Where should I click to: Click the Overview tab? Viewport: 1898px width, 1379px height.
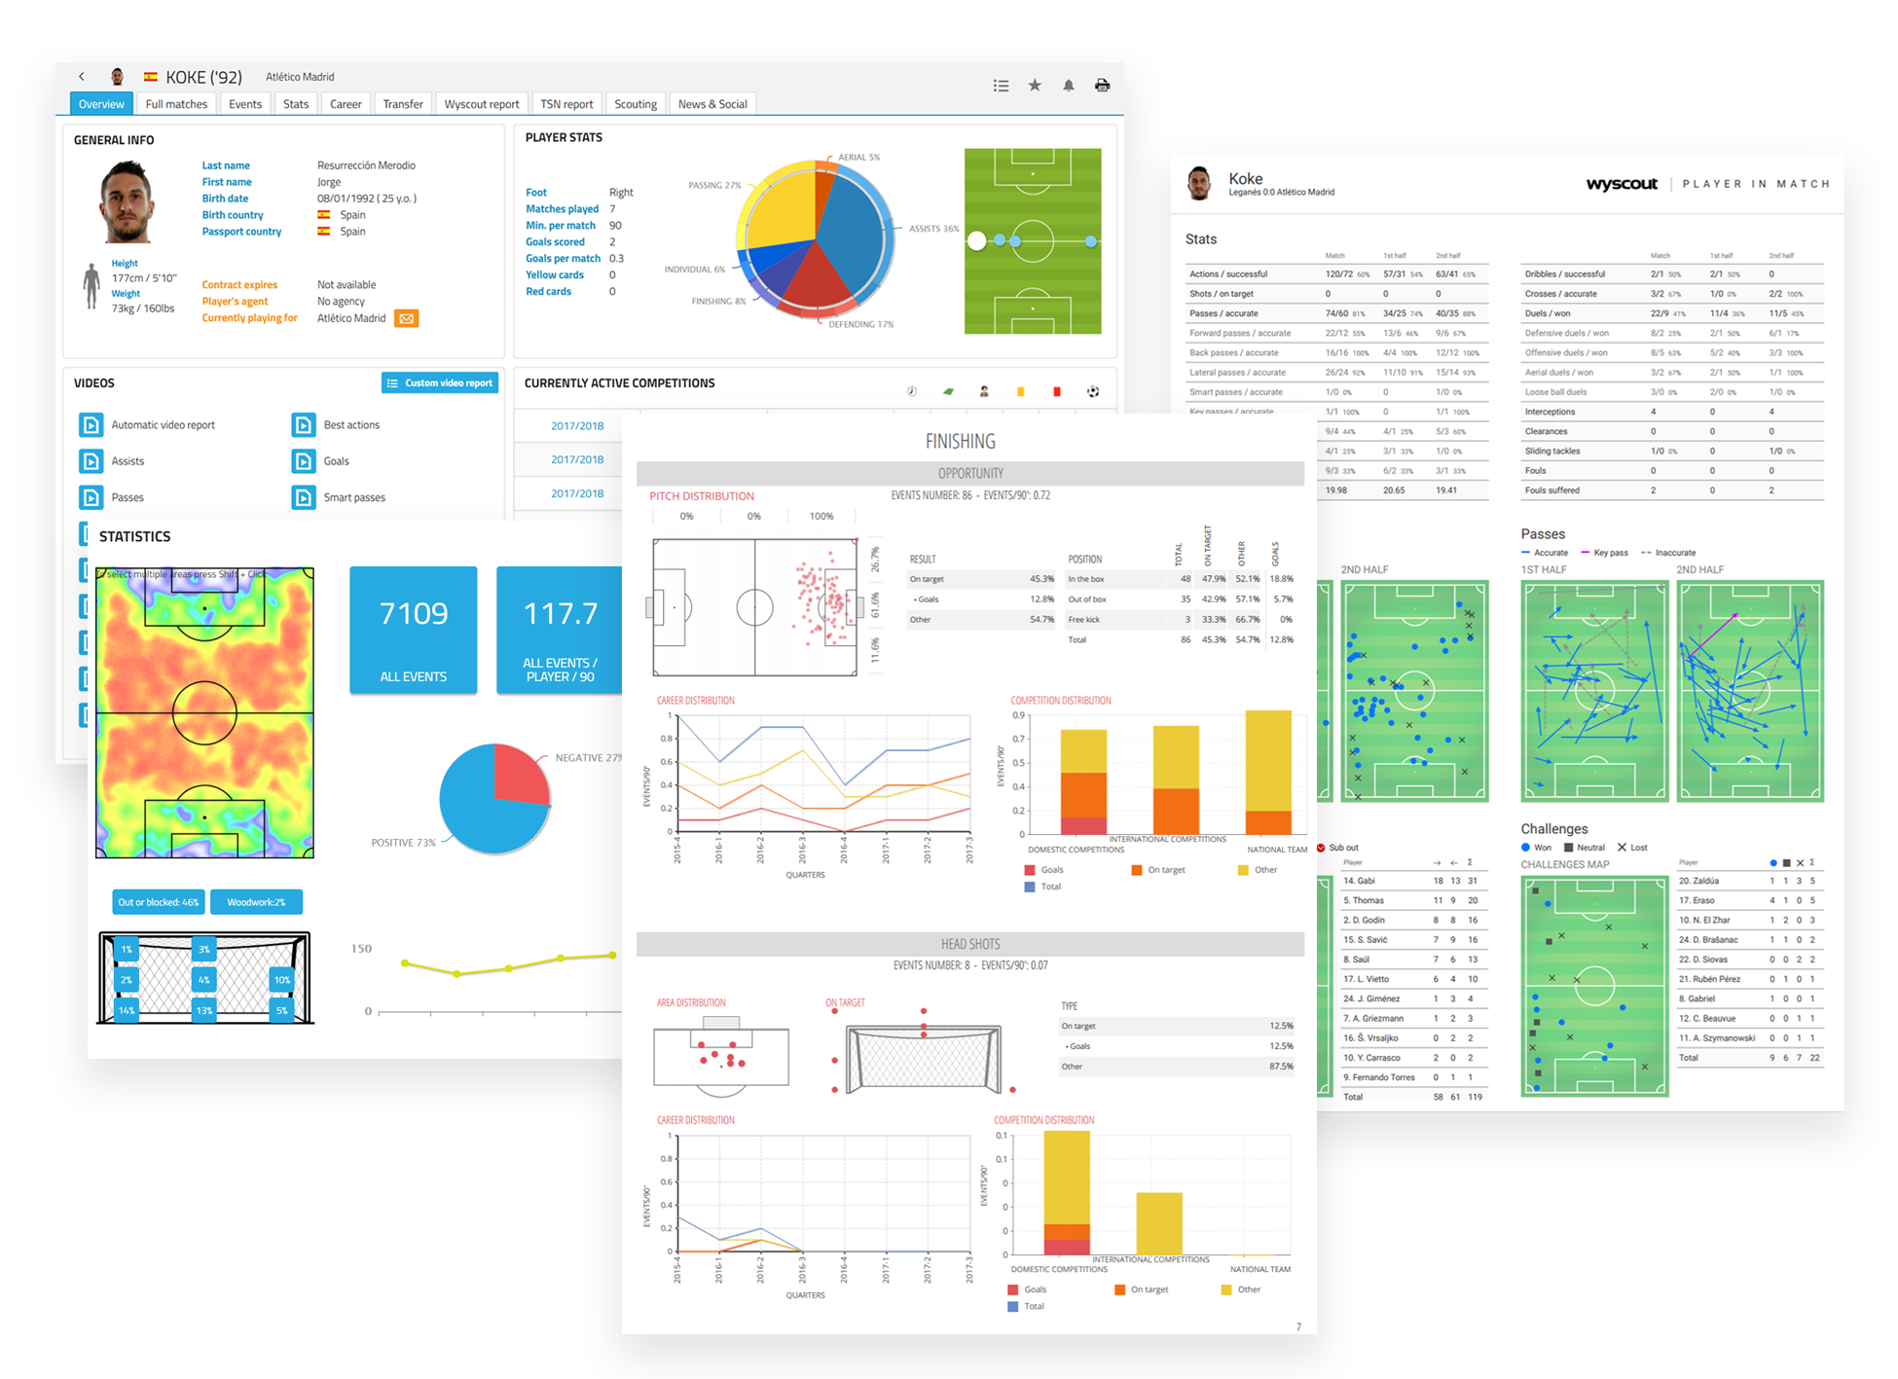101,104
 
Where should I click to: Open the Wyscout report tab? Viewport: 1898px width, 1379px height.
481,104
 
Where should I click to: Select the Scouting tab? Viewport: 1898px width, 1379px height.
636,104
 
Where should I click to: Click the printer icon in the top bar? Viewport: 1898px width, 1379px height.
1102,86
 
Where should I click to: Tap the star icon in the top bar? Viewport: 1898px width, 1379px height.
1035,86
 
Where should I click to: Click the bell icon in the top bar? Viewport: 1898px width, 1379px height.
1068,86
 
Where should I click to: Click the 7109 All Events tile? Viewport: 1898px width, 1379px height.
414,630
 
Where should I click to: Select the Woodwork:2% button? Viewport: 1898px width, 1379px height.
256,902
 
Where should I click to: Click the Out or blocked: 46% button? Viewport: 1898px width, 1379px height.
159,902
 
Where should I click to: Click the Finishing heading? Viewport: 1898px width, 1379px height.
960,442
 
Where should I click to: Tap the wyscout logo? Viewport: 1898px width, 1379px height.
1621,184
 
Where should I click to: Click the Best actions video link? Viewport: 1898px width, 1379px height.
350,425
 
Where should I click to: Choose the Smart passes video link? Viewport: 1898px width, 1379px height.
353,497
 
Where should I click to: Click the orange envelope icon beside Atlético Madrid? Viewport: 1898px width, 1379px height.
406,318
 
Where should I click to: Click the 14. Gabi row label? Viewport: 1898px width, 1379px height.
1359,881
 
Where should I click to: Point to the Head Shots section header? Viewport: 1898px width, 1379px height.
969,944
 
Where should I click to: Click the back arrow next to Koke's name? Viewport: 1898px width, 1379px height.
82,77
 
